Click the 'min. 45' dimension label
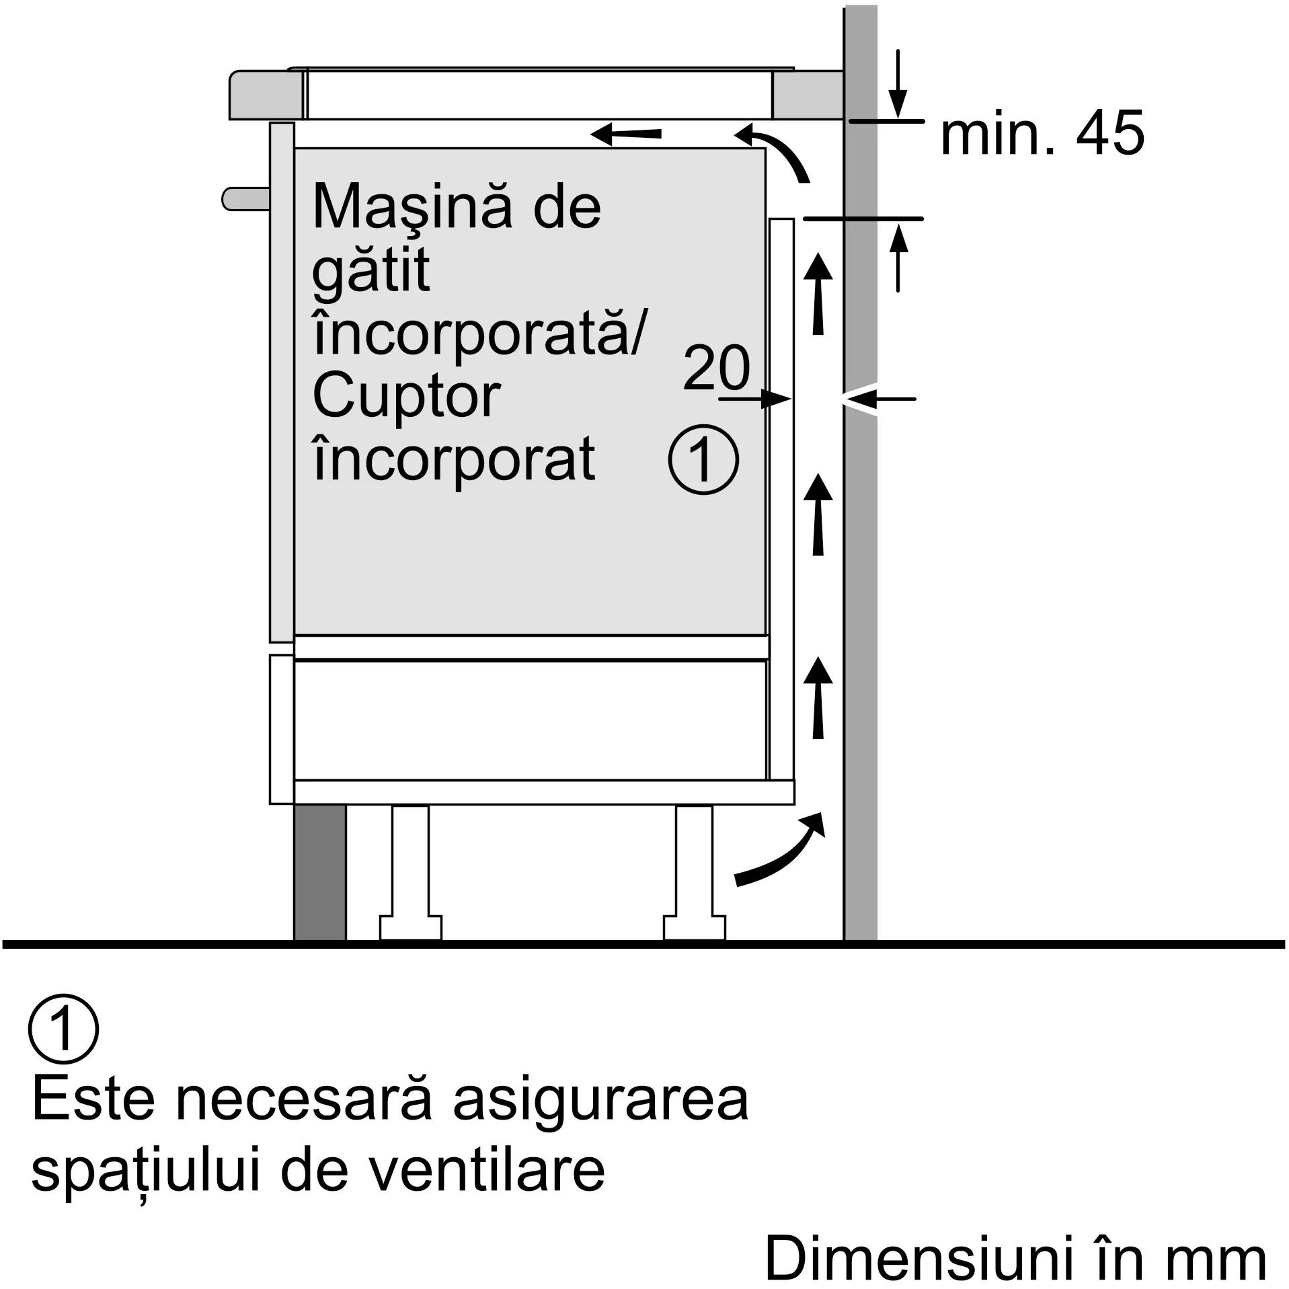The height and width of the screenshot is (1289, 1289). click(1041, 134)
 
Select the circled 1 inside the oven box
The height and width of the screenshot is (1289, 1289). click(703, 460)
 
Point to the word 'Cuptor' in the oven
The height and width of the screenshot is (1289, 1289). click(406, 397)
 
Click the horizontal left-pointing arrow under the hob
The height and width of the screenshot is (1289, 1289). click(625, 134)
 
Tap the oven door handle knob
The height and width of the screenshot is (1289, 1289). click(245, 199)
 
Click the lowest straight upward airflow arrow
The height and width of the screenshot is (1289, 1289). click(818, 699)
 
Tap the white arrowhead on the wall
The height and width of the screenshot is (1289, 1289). click(859, 399)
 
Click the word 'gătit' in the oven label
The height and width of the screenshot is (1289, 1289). click(371, 271)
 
